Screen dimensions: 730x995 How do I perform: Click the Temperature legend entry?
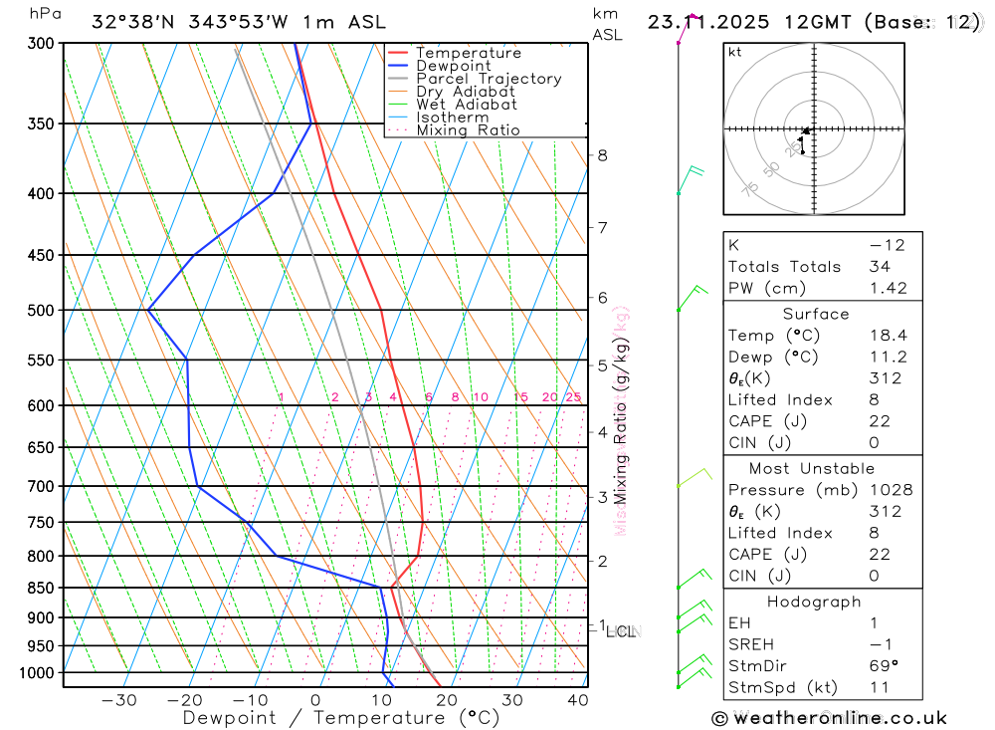(x=468, y=53)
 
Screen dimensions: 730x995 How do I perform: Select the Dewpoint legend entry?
(x=453, y=66)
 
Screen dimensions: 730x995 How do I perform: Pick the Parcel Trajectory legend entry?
(x=489, y=79)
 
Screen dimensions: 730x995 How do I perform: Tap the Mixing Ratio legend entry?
(x=468, y=129)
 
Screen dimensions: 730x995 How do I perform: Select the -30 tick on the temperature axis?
(x=119, y=700)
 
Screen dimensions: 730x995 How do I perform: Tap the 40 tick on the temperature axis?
(x=577, y=700)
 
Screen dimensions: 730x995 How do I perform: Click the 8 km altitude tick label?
(x=602, y=155)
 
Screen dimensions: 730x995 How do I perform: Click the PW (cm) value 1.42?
(x=889, y=288)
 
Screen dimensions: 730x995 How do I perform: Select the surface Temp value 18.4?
(x=889, y=336)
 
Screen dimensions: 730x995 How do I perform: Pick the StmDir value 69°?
(x=884, y=666)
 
